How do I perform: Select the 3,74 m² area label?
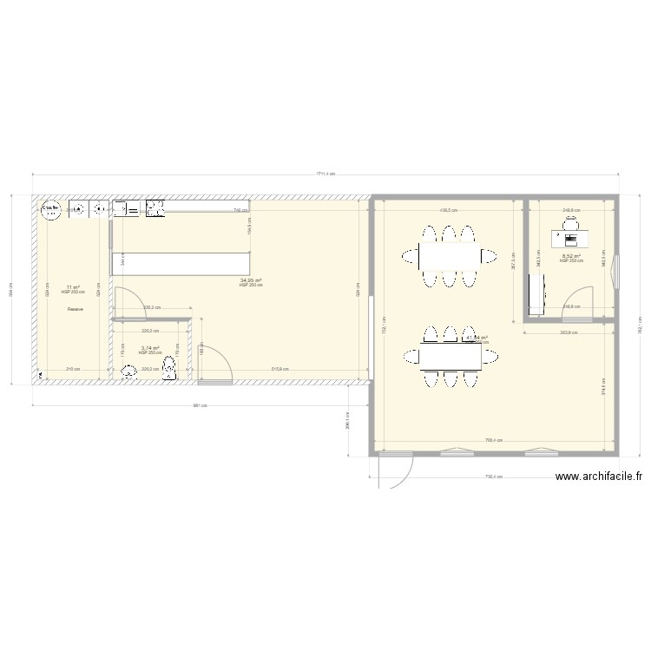pyautogui.click(x=150, y=348)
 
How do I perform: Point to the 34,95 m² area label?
pyautogui.click(x=251, y=280)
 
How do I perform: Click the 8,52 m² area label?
pyautogui.click(x=571, y=256)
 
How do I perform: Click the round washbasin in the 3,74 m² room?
pyautogui.click(x=130, y=372)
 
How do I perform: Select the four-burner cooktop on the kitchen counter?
pyautogui.click(x=156, y=208)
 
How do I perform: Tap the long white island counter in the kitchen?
pyautogui.click(x=179, y=262)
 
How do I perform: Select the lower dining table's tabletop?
pyautogui.click(x=450, y=357)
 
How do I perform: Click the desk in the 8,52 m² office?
pyautogui.click(x=570, y=238)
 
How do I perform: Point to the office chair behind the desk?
pyautogui.click(x=570, y=225)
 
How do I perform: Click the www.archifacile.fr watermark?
pyautogui.click(x=598, y=477)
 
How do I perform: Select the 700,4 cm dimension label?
pyautogui.click(x=495, y=441)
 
